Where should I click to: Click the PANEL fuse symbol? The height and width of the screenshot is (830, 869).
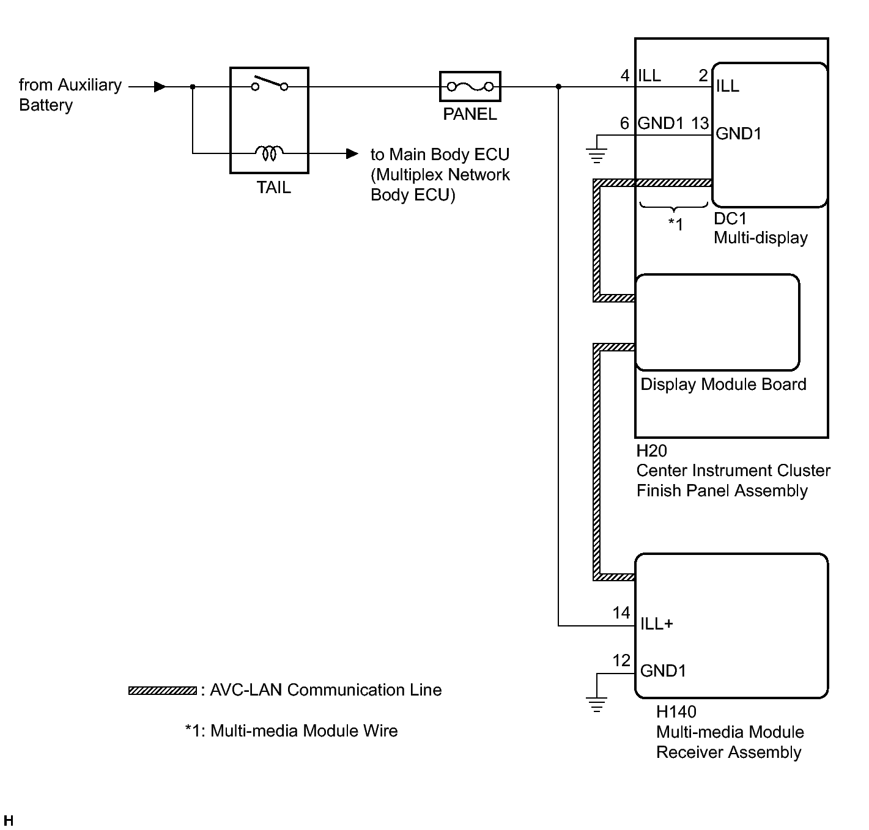(470, 86)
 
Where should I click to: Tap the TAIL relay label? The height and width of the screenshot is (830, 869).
(273, 188)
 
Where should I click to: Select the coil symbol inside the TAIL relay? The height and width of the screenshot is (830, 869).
(269, 153)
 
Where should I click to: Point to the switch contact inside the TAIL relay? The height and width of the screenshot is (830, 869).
(269, 84)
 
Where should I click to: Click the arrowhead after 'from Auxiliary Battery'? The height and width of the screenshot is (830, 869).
(160, 87)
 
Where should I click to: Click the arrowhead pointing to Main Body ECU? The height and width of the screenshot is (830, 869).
(352, 153)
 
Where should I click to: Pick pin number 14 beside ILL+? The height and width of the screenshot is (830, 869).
(621, 612)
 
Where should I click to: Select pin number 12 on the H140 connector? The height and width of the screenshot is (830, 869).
(621, 661)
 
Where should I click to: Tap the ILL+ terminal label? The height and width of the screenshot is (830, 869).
(656, 624)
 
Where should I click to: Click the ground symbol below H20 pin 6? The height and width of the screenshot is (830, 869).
(597, 155)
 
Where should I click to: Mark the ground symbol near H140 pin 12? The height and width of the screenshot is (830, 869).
(597, 704)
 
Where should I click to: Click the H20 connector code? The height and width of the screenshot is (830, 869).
(651, 450)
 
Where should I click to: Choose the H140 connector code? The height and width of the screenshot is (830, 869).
(676, 712)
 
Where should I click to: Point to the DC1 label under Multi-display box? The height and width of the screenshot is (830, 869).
(730, 218)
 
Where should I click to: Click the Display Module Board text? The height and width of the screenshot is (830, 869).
(723, 384)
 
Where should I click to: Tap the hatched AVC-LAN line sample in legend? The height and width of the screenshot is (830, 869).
(162, 690)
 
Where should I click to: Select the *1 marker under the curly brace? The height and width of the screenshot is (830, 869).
(675, 224)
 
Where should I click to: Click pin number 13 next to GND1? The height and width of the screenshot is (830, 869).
(700, 123)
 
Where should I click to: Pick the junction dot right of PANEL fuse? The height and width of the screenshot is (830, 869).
(558, 87)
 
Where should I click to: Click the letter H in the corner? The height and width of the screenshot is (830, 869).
(9, 820)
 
